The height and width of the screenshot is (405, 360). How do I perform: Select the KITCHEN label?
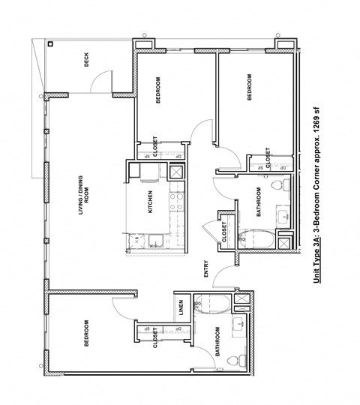coord(151,202)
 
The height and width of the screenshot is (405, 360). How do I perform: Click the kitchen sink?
coord(153,240)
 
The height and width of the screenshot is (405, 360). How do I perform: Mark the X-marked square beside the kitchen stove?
coord(177,171)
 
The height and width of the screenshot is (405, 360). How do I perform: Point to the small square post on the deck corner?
coord(50,44)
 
